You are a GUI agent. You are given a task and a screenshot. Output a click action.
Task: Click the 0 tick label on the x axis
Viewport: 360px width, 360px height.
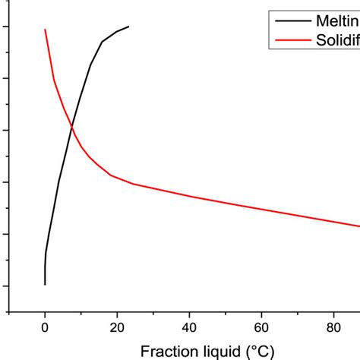[45, 327]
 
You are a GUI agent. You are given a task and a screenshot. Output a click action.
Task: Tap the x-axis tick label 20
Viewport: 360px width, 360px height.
[117, 327]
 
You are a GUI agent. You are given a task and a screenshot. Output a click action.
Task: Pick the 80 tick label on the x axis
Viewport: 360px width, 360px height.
[333, 327]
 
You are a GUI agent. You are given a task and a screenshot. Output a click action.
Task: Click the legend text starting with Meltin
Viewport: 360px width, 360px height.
[339, 21]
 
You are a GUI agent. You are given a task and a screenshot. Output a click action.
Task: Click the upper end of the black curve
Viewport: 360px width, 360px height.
[129, 27]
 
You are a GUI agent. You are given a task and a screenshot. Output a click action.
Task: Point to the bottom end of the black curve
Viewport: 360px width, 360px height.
[45, 285]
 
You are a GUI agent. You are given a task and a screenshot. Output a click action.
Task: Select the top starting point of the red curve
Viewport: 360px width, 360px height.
[45, 30]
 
